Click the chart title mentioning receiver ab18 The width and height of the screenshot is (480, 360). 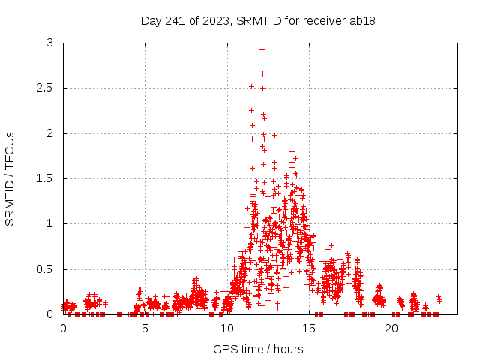[x=258, y=21]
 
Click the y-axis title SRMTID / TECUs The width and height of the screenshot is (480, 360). [x=10, y=178]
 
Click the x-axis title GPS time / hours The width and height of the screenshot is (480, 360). [x=258, y=349]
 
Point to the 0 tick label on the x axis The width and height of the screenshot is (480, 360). [x=63, y=328]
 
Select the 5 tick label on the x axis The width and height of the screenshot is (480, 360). [x=145, y=328]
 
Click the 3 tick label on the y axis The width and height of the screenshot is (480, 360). [x=50, y=43]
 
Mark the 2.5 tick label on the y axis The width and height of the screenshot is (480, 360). [x=46, y=88]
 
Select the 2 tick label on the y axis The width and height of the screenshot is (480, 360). [x=50, y=133]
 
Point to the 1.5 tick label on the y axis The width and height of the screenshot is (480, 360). [x=46, y=178]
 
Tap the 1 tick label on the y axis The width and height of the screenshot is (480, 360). [x=50, y=223]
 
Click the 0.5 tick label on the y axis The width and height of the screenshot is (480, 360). [x=46, y=268]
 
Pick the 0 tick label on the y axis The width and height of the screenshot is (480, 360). [x=50, y=313]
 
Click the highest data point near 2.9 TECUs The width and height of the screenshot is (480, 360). [x=262, y=49]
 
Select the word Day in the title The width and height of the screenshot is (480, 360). [x=151, y=21]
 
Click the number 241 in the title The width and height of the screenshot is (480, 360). [x=177, y=21]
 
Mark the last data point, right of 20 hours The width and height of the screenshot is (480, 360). [x=438, y=298]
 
